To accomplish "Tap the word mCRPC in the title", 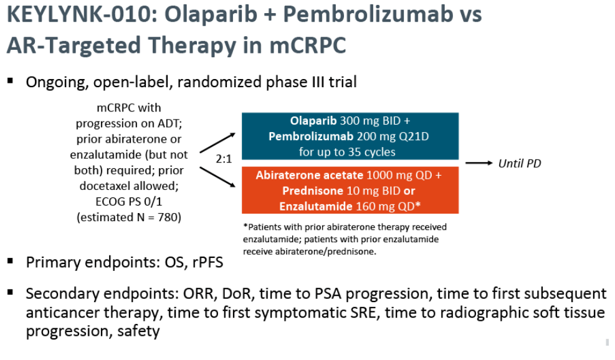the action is (308, 45).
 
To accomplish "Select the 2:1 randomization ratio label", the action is (224, 159).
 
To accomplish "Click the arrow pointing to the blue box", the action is (217, 143).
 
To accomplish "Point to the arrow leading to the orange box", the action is (217, 178).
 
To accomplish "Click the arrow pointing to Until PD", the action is (479, 163).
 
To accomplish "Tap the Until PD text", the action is (520, 164).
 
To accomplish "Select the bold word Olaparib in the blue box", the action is (313, 121).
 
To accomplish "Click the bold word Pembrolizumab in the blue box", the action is (311, 136).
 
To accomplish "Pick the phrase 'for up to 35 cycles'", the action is (347, 152).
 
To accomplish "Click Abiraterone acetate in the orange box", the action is (309, 175).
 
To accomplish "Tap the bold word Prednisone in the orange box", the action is (313, 191).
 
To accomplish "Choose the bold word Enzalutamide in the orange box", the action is (315, 206).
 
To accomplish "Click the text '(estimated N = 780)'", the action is (128, 217).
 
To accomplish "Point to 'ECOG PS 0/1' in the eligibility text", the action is (128, 202).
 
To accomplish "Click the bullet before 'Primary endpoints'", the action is (10, 261).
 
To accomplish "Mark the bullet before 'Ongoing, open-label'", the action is (10, 81).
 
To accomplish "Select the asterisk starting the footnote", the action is (246, 226).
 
